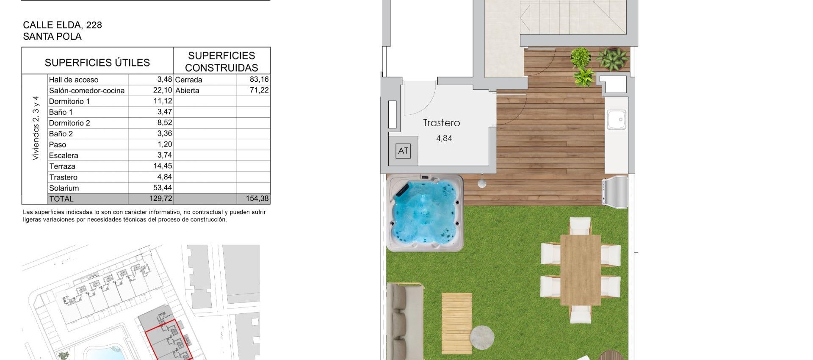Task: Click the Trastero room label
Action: [441, 123]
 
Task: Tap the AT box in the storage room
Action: [403, 151]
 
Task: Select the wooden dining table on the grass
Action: [580, 270]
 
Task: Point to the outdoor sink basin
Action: [616, 119]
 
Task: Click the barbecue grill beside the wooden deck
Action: [615, 192]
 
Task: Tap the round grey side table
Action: [482, 337]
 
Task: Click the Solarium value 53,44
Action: [163, 188]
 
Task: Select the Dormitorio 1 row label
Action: [69, 101]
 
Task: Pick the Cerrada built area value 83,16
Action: [259, 79]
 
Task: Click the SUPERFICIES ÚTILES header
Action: [97, 63]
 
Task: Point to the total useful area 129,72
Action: [160, 199]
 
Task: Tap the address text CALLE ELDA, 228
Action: [62, 25]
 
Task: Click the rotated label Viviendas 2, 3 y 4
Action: [36, 128]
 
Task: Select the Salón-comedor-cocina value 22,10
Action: [163, 90]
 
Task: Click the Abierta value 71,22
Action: [259, 90]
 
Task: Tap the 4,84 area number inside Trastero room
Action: [444, 138]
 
